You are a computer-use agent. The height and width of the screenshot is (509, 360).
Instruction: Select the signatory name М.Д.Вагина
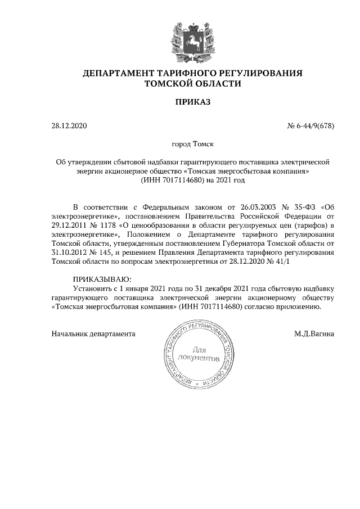tap(314, 334)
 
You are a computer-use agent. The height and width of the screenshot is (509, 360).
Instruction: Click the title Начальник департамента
tap(93, 334)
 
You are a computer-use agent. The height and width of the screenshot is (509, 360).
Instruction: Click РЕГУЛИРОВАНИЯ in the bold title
tap(261, 73)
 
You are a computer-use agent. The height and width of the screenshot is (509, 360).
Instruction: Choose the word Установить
tap(93, 287)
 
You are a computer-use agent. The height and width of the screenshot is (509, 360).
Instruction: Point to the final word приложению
tap(299, 308)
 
